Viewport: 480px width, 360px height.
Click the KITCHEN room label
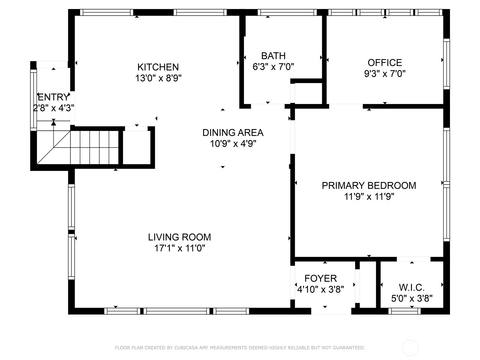158,67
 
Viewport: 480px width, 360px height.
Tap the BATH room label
273,56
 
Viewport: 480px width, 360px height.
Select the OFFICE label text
385,63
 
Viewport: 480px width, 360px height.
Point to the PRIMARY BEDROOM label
369,186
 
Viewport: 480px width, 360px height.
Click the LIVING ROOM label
179,237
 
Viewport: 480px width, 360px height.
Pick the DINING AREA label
233,133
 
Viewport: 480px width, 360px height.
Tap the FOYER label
321,278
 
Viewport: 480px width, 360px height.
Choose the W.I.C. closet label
412,287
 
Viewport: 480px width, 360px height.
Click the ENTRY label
53,97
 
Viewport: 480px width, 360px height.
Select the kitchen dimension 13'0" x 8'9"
158,78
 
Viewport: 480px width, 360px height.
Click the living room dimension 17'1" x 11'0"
180,248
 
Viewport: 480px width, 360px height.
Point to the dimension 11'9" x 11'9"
369,196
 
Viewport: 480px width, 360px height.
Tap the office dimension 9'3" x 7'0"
385,74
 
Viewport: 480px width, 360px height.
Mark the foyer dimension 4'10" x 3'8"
321,289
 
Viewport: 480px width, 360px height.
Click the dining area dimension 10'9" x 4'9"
233,144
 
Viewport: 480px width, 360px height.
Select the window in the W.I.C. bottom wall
404,311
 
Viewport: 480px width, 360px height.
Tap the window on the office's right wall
446,64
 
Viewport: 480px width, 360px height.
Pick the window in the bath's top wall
287,12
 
